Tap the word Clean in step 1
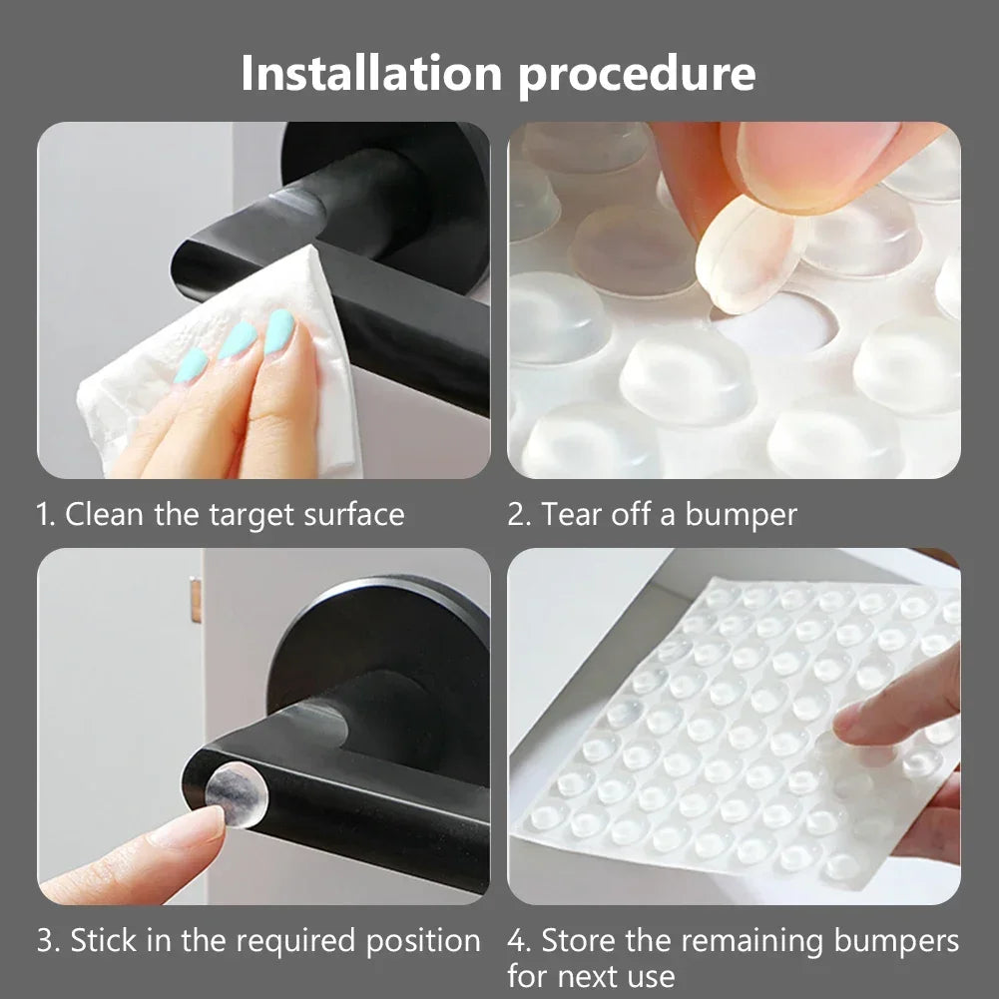click(103, 515)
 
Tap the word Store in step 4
click(580, 941)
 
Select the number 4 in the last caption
click(517, 941)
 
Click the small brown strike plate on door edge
click(196, 599)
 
